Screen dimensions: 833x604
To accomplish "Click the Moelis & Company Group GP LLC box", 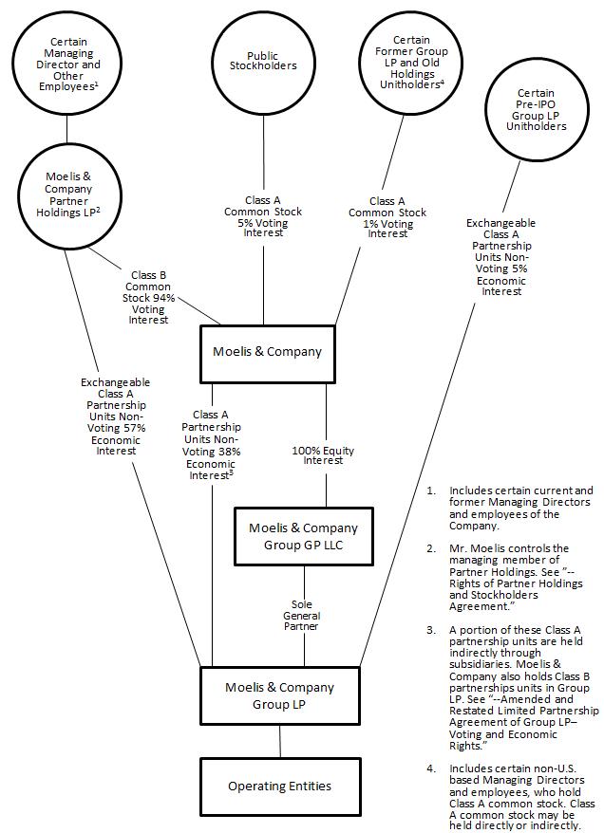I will coord(303,535).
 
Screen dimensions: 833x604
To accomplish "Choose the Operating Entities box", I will coord(279,786).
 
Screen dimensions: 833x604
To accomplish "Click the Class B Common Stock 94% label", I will coord(148,298).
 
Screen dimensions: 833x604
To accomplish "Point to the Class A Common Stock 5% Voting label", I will coord(263,216).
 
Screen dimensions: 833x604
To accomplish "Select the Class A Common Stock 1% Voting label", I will coord(387,216).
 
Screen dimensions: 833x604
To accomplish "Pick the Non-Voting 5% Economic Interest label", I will coord(500,257).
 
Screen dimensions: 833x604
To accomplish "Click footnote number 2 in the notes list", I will coord(431,548).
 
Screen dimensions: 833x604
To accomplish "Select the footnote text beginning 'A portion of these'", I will coord(523,668).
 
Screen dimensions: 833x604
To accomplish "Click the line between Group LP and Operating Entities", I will coord(279,742).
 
